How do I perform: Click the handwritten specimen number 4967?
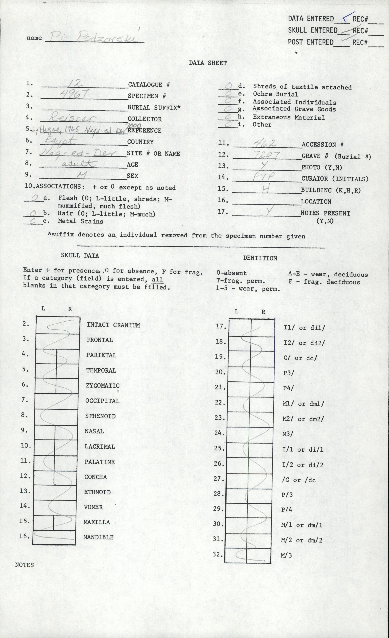click(76, 94)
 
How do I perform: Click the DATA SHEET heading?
click(208, 63)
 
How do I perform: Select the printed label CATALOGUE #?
click(149, 85)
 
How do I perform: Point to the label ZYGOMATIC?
click(103, 386)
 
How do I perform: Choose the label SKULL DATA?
click(80, 256)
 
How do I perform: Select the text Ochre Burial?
click(275, 94)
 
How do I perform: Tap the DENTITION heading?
click(260, 258)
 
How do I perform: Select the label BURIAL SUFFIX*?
click(154, 108)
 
